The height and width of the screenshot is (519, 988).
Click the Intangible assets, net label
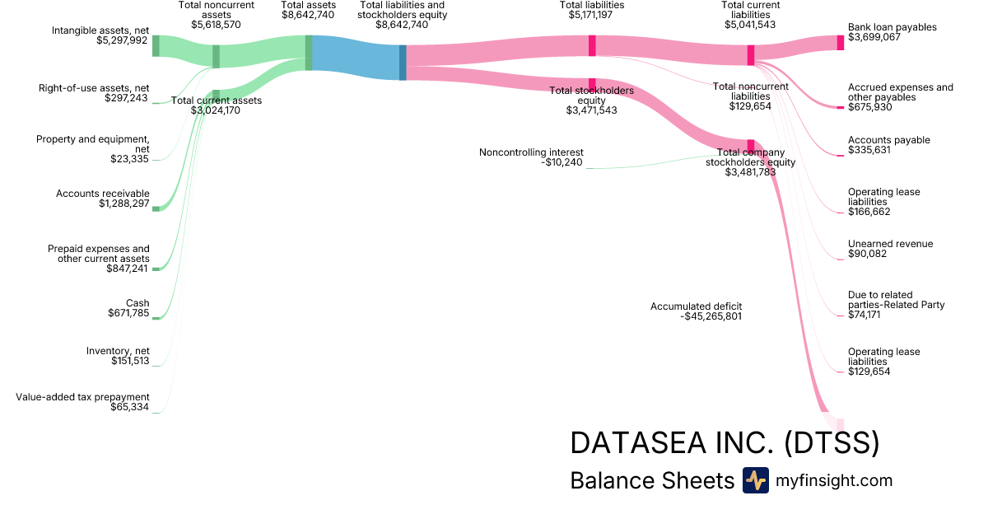click(x=100, y=30)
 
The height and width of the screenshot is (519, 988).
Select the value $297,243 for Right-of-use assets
click(x=127, y=98)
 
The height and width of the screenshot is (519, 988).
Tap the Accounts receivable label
click(x=102, y=194)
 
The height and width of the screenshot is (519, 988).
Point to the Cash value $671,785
click(x=128, y=313)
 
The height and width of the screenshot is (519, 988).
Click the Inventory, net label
click(x=118, y=351)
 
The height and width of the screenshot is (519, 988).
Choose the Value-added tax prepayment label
click(x=82, y=397)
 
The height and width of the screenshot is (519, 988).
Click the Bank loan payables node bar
click(x=841, y=43)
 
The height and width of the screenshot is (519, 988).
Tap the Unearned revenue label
click(x=890, y=244)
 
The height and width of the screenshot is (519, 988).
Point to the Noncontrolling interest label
click(x=531, y=152)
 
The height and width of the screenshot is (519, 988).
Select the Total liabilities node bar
click(x=592, y=45)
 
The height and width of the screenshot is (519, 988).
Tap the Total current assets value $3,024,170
click(x=216, y=110)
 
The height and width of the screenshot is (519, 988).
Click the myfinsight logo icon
click(x=755, y=480)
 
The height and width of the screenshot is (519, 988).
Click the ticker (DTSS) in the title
click(x=831, y=443)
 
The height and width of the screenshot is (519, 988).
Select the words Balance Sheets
click(x=651, y=481)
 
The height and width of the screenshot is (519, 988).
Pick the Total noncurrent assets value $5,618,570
click(x=216, y=25)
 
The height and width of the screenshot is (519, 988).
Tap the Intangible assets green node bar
click(x=156, y=46)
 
